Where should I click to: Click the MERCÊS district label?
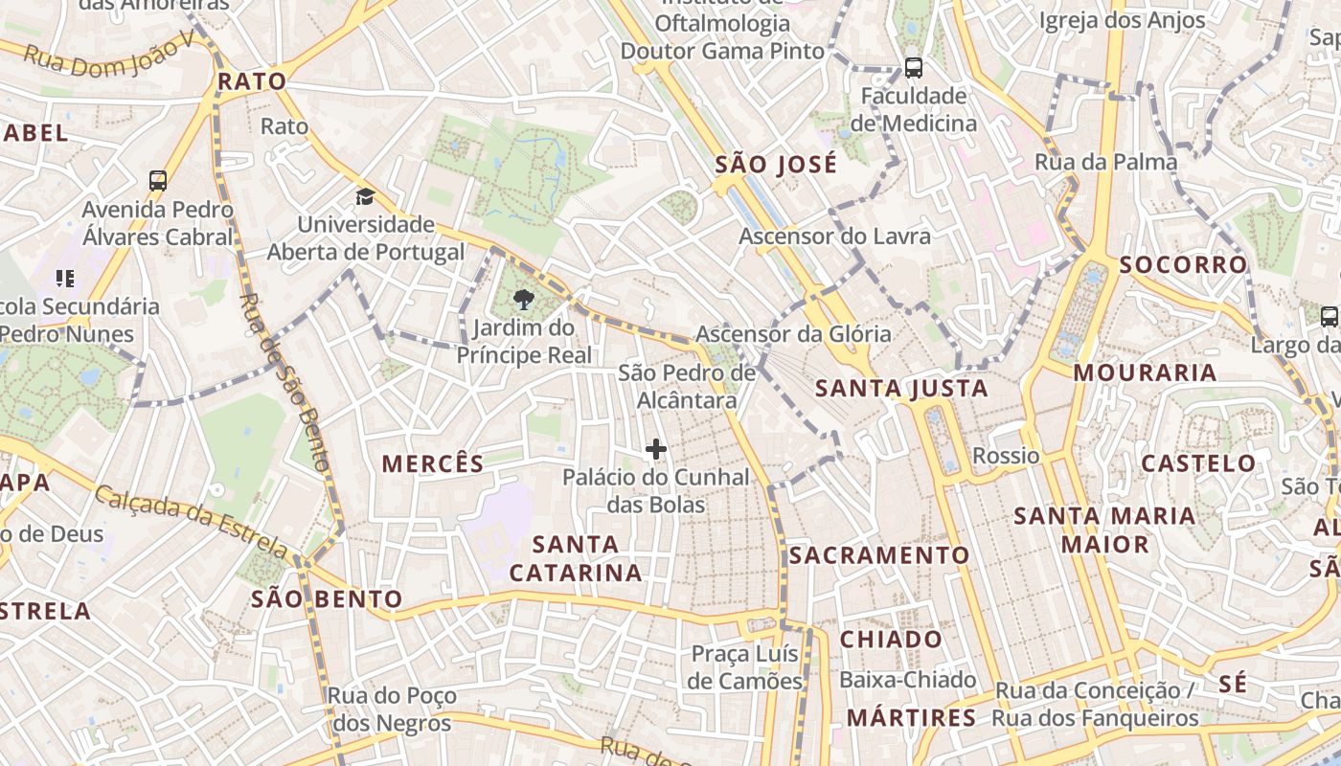tap(433, 464)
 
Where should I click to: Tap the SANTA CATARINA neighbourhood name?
tap(576, 558)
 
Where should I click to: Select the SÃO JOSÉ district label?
tap(776, 165)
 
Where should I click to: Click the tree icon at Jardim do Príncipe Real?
tap(523, 301)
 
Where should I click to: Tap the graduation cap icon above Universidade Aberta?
tap(365, 197)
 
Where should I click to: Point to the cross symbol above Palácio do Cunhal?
tap(656, 448)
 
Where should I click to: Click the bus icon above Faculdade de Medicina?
tap(914, 68)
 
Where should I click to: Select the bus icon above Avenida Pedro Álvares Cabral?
tap(158, 180)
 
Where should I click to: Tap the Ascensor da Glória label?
tap(793, 334)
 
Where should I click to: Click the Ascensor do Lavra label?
tap(834, 236)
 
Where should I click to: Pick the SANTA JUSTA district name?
tap(901, 388)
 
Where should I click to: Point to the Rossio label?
tap(1006, 456)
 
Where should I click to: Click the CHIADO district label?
tap(891, 639)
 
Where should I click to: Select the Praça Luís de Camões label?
tap(745, 667)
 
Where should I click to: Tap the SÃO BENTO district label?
tap(327, 600)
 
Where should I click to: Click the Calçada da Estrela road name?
tap(191, 521)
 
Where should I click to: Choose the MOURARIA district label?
tap(1145, 372)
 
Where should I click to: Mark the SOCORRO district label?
tap(1184, 265)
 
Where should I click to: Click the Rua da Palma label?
tap(1105, 162)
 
